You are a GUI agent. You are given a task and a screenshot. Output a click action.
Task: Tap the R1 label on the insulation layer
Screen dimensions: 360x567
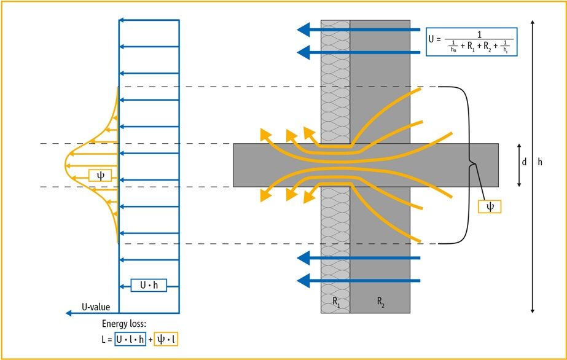(335, 302)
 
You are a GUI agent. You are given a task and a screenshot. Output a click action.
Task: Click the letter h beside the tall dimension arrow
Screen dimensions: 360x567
(540, 163)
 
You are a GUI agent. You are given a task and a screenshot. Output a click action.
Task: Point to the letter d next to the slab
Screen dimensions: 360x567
(524, 163)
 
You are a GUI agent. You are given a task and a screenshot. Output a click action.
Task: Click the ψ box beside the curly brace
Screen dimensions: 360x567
(490, 206)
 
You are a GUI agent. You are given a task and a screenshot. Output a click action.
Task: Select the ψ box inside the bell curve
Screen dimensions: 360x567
(100, 176)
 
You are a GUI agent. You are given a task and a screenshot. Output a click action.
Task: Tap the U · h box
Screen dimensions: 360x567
(149, 285)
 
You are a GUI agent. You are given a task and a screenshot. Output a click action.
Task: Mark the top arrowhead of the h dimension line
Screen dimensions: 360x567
(532, 23)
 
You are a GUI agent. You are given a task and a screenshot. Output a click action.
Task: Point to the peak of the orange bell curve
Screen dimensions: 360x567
(66, 165)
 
